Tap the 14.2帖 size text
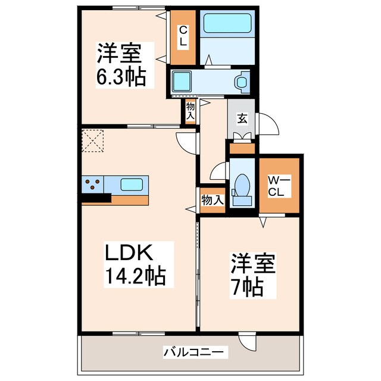point(136,276)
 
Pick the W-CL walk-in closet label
point(278,186)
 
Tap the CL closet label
point(183,38)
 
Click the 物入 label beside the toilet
point(211,200)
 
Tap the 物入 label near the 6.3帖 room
point(190,111)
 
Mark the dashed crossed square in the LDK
point(93,140)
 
